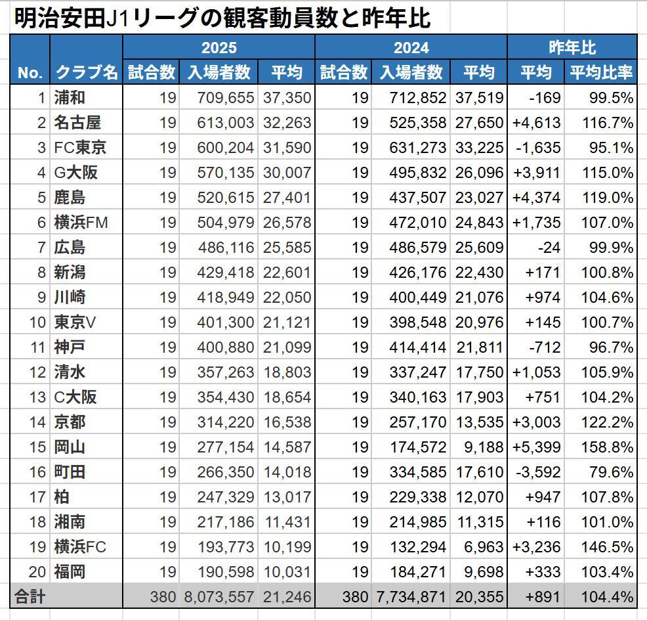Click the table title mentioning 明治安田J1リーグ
coord(222,18)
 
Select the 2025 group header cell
coord(219,47)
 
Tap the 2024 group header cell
coord(411,47)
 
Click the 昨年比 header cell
coord(572,47)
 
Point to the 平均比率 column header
coord(600,72)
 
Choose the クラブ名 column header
coord(86,72)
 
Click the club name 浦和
coord(70,98)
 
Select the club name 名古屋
coord(77,123)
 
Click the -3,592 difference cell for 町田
coord(537,472)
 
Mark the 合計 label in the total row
coord(30,596)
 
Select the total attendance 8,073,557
coord(218,597)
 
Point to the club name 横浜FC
coord(80,547)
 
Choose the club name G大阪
coord(75,173)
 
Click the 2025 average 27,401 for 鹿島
coord(287,198)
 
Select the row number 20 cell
coord(37,572)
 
